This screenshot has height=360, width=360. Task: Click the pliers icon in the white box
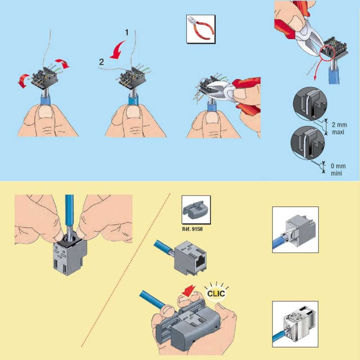point(199,30)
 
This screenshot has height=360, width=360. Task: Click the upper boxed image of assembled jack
point(295,229)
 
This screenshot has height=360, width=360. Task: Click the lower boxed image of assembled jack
point(295,324)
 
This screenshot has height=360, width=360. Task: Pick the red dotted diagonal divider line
point(126,270)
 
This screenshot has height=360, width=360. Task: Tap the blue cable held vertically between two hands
point(70,211)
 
